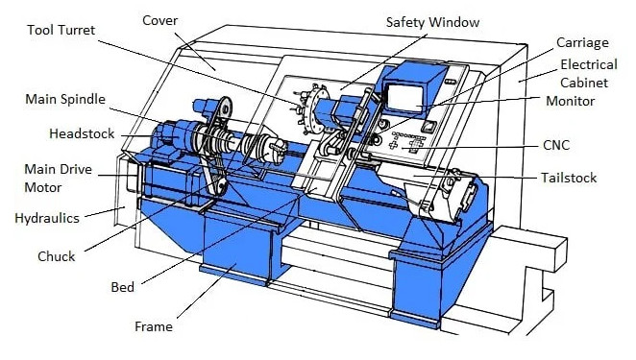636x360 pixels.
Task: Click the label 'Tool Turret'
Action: pos(61,30)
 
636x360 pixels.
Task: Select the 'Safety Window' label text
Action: pos(432,22)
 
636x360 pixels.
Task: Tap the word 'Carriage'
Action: pos(582,43)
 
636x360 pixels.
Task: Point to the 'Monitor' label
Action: pos(571,101)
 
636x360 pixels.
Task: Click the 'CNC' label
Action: pos(556,145)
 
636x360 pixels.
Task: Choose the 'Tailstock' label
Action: pos(569,178)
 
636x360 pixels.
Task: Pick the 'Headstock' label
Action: pos(82,133)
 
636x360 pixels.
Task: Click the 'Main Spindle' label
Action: pos(65,99)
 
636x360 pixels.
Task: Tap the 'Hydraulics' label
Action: pos(47,219)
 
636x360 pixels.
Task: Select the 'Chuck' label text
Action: pos(57,256)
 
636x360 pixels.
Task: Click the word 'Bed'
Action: pos(123,287)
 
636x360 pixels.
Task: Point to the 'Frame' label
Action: pos(154,326)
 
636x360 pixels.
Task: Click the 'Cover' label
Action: pos(159,21)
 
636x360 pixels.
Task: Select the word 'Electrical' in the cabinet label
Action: pos(589,65)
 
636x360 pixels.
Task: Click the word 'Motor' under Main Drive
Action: pos(43,188)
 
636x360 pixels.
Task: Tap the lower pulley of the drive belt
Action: pos(221,186)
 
